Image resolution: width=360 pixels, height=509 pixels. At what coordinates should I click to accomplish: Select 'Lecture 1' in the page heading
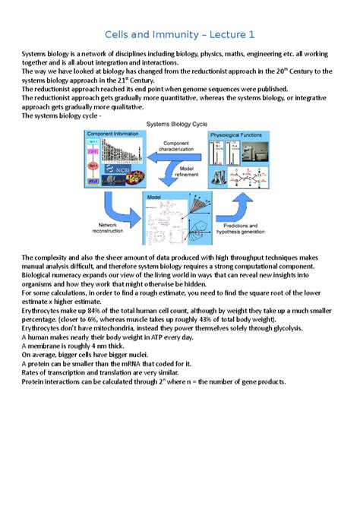(x=233, y=35)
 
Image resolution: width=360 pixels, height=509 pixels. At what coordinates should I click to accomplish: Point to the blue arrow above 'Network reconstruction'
(x=112, y=203)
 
